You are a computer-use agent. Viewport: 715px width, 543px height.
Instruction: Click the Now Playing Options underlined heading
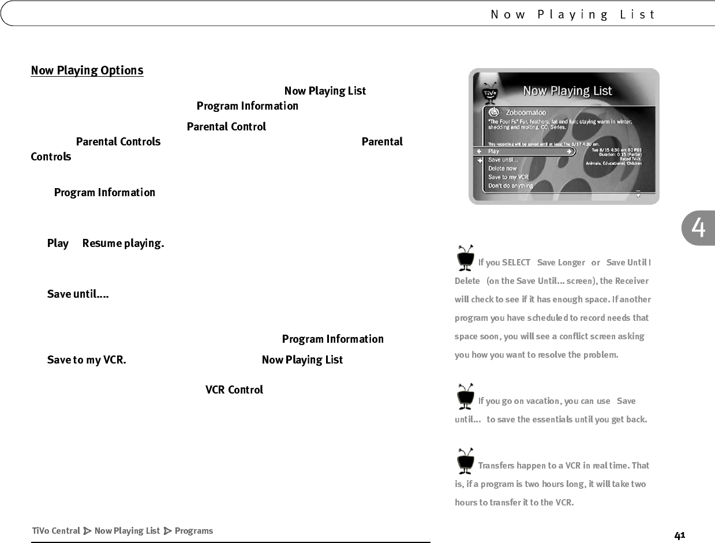coord(87,70)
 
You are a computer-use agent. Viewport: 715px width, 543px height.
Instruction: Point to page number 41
coord(680,535)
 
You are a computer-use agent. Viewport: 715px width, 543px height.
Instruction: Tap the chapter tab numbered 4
coord(698,229)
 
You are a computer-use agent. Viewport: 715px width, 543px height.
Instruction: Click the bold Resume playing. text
coord(123,243)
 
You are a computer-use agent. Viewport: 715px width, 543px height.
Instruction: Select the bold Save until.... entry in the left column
coord(78,294)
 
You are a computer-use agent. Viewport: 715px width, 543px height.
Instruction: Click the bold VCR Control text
coord(234,390)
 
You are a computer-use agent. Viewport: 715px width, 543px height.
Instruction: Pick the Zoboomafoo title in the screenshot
coord(526,112)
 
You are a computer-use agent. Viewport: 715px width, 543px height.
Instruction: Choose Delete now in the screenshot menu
coord(502,168)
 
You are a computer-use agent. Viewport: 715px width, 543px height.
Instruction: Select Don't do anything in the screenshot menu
coord(510,186)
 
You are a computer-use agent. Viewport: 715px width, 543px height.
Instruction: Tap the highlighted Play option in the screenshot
coord(494,151)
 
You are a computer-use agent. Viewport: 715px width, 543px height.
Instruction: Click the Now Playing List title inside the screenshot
coord(567,91)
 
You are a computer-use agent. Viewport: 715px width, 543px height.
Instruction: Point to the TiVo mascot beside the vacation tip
coord(465,396)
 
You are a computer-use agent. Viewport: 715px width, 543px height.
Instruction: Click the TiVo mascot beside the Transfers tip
coord(465,460)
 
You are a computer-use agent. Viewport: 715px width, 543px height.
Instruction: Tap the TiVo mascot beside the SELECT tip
coord(465,257)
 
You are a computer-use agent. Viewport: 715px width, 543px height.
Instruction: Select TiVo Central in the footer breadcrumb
coord(56,531)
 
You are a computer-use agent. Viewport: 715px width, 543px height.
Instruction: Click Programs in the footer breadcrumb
coord(193,531)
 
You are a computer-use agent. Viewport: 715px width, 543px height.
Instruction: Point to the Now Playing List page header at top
coord(573,14)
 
